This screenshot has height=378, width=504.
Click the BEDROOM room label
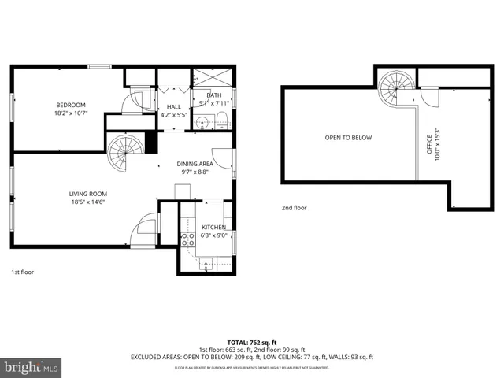point(70,105)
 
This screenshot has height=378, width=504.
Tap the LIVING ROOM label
point(87,194)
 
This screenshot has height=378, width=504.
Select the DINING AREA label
point(195,164)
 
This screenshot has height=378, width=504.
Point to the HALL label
point(174,107)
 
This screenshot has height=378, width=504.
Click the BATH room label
point(214,94)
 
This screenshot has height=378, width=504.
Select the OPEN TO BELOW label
point(348,138)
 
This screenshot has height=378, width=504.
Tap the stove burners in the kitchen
point(188,239)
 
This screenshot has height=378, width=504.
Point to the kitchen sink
point(206,265)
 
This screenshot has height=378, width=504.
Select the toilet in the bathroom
point(222,120)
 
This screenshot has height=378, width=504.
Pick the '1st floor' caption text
point(22,272)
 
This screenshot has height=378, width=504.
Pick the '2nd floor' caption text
point(294,208)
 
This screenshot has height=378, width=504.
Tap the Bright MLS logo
point(31,367)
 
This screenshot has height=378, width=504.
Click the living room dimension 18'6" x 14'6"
point(87,202)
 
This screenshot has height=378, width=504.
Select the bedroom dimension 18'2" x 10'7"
point(70,113)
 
